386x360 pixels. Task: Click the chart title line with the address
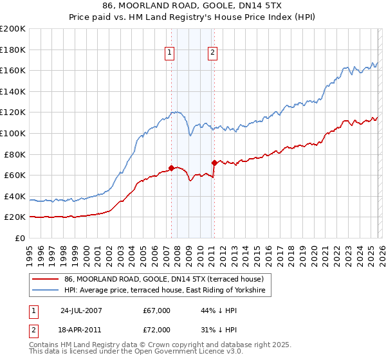pos(192,6)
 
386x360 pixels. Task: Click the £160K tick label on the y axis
pos(13,70)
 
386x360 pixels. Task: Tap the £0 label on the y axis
pos(21,238)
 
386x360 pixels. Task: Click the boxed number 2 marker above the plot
pos(213,53)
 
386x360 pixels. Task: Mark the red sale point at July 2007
pos(171,168)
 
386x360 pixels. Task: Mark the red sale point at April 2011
pos(214,163)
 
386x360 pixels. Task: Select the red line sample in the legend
pos(46,279)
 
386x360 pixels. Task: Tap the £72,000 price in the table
pos(157,331)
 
